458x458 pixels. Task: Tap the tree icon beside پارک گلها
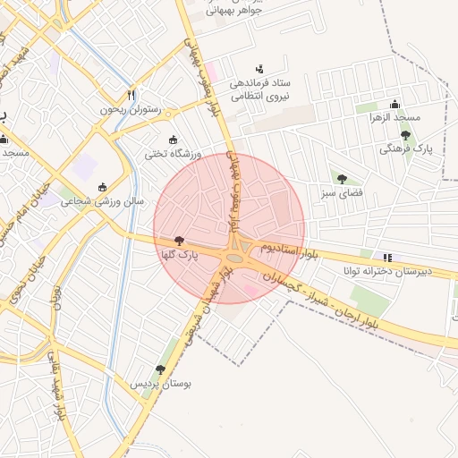pyautogui.click(x=180, y=241)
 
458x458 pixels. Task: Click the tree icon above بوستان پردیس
pyautogui.click(x=160, y=369)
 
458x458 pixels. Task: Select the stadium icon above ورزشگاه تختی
pyautogui.click(x=173, y=140)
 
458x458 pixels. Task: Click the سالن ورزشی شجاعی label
pyautogui.click(x=102, y=202)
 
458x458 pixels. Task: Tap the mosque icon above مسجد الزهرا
pyautogui.click(x=394, y=104)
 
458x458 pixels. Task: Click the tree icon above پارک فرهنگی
pyautogui.click(x=405, y=135)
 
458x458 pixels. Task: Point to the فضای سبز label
pyautogui.click(x=341, y=192)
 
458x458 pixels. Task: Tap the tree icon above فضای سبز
pyautogui.click(x=341, y=178)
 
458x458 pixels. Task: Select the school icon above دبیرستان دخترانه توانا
pyautogui.click(x=387, y=256)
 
